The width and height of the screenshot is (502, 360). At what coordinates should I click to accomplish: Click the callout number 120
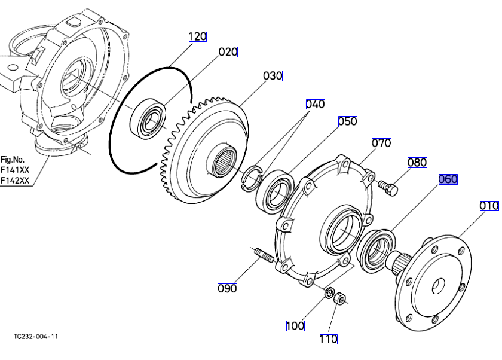pos(198,36)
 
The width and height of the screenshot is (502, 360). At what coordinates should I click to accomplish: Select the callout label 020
pos(228,52)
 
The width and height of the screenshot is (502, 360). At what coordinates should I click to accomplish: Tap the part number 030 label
pos(273,76)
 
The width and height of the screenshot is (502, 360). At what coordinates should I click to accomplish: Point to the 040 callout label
pos(316,104)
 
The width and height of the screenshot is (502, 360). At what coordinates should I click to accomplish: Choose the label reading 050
pos(348,121)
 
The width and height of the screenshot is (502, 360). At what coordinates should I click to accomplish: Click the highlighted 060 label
pos(448,179)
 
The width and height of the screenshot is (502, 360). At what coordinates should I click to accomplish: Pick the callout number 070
pos(381,143)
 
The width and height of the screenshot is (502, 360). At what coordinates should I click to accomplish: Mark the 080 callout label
pos(417,163)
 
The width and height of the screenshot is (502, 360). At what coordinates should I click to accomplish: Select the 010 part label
pos(489,206)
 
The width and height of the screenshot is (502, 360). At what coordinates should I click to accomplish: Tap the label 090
pos(227,289)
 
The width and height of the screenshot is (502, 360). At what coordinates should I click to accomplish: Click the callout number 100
pos(295,326)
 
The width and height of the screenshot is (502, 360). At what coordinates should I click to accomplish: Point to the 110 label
pos(329,339)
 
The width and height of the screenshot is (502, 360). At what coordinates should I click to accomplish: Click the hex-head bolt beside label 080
pos(388,187)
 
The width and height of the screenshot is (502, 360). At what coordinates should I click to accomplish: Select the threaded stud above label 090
pos(264,255)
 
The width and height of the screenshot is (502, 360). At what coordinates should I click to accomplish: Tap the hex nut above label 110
pos(339,299)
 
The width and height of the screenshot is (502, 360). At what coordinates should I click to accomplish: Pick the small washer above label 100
pos(330,293)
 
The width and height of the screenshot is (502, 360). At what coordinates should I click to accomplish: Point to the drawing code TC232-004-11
pos(36,337)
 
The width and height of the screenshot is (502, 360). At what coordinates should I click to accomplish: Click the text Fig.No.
pos(13,160)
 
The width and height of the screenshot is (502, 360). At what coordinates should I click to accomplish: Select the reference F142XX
pos(15,181)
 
